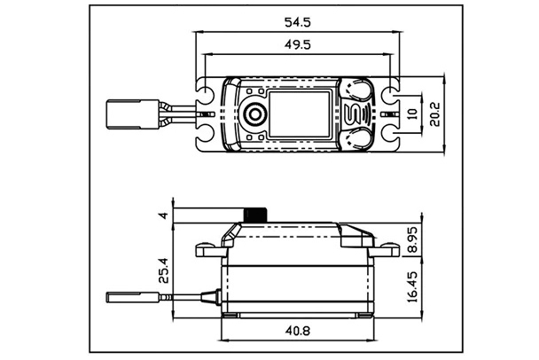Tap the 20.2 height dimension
[x=435, y=113]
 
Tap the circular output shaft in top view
[x=255, y=113]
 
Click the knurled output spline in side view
[x=257, y=215]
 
